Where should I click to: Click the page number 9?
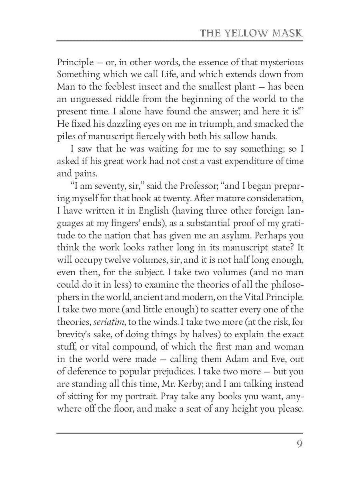point(300,444)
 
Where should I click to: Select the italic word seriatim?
point(107,321)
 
